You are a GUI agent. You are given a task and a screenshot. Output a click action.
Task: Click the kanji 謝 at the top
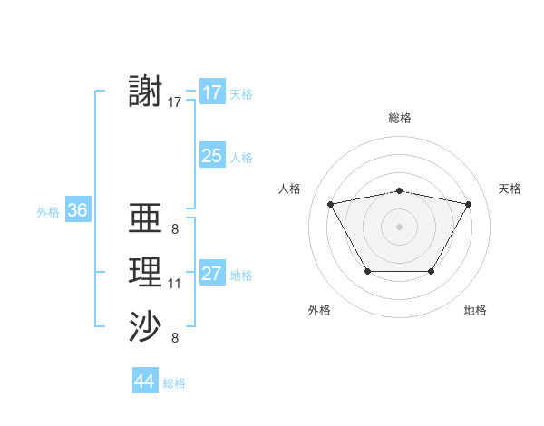(x=146, y=92)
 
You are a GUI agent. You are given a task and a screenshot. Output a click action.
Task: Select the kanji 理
(x=146, y=273)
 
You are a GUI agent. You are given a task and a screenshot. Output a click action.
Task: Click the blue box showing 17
(x=211, y=92)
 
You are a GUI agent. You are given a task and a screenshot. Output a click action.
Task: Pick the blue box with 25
(x=211, y=156)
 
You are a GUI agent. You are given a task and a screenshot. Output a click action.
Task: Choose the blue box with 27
(x=211, y=274)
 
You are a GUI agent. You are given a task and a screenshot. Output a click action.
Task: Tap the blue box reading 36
(x=77, y=210)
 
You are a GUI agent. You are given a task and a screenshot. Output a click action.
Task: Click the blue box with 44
(x=144, y=382)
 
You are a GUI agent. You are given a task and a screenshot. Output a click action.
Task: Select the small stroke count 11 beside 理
(x=175, y=284)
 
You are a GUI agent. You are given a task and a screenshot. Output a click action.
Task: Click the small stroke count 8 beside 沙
(x=174, y=338)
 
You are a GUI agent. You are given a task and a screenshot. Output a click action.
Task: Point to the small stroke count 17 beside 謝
(x=175, y=102)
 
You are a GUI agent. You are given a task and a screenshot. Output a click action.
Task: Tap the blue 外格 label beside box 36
(x=48, y=212)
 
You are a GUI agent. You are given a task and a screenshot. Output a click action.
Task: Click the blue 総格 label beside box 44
(x=174, y=383)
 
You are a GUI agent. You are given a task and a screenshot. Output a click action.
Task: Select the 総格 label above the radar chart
(x=399, y=118)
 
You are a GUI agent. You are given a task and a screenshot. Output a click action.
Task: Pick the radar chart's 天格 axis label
(x=510, y=189)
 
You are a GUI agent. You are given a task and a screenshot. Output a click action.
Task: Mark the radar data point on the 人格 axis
(x=330, y=204)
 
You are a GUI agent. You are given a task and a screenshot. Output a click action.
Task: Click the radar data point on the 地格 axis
(x=431, y=271)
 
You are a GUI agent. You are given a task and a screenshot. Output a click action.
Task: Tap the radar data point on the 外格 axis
(x=367, y=271)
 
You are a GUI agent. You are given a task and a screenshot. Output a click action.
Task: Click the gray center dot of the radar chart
(x=399, y=226)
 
